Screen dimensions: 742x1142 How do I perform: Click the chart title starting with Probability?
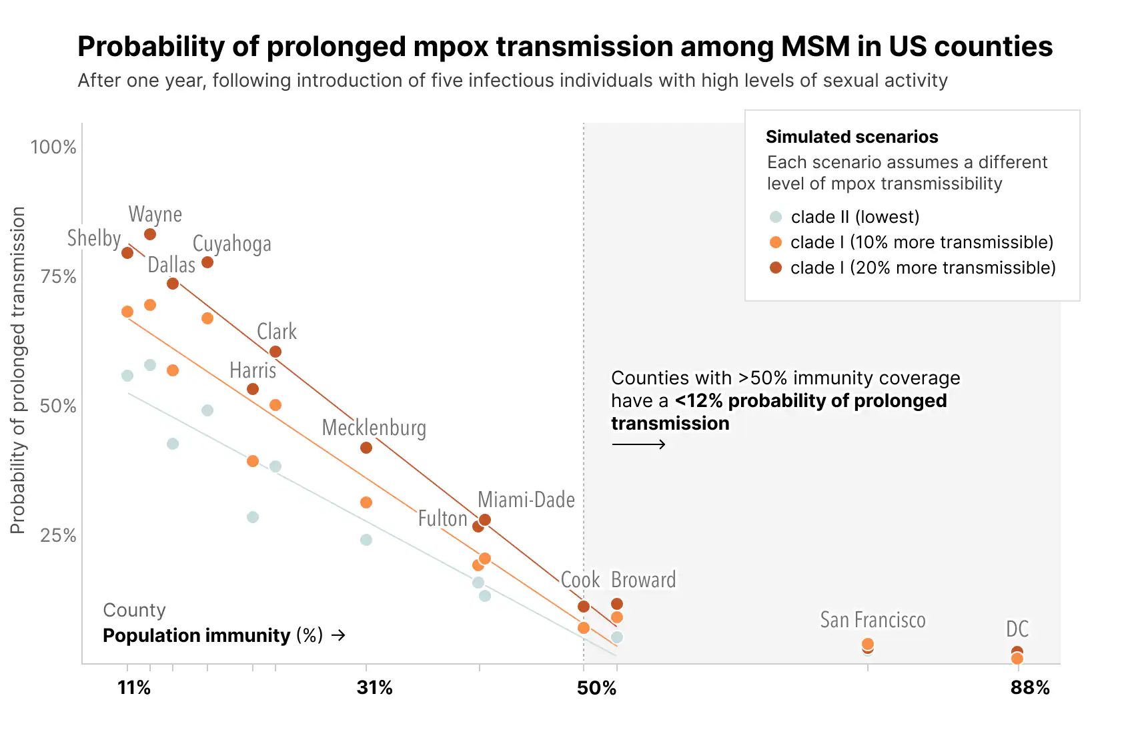(x=564, y=47)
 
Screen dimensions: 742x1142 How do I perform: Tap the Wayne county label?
(x=155, y=214)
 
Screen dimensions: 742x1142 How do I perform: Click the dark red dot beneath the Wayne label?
(x=150, y=234)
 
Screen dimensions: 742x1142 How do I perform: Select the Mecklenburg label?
(x=374, y=428)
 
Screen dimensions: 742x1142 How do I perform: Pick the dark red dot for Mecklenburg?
(x=366, y=448)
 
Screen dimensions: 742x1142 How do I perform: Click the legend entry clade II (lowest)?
(x=854, y=217)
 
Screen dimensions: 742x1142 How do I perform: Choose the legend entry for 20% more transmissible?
(x=923, y=268)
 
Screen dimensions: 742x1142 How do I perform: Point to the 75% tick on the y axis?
(x=58, y=277)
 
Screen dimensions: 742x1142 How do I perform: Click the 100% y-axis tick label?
(x=53, y=147)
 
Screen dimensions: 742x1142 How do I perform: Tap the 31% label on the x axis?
(x=374, y=688)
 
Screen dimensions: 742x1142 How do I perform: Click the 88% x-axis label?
(x=1030, y=688)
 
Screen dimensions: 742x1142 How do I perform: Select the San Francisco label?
(x=873, y=620)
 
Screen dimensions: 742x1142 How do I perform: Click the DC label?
(x=1017, y=629)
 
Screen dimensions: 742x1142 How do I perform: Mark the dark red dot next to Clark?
(x=275, y=352)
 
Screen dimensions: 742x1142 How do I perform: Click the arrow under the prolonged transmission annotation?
(x=638, y=444)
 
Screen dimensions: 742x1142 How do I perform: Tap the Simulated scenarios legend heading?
(x=852, y=137)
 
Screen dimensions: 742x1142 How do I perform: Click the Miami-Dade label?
(x=526, y=500)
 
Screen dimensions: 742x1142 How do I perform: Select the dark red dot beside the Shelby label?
(x=127, y=253)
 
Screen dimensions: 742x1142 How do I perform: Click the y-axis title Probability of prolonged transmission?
(x=18, y=370)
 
